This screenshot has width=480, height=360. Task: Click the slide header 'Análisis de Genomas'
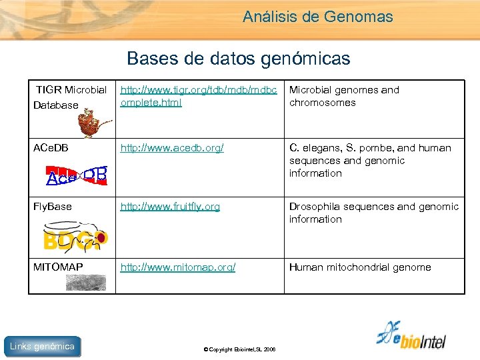[x=317, y=17]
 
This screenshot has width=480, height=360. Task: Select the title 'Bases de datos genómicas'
[x=238, y=59]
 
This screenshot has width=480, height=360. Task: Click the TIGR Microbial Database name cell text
[x=71, y=97]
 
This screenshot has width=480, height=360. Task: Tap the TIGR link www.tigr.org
[x=198, y=96]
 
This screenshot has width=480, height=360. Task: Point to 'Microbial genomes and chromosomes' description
[x=343, y=96]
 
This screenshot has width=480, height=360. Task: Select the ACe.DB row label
[x=51, y=148]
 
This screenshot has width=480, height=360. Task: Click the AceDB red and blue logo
[x=77, y=174]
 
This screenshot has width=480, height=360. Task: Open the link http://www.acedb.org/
[x=172, y=148]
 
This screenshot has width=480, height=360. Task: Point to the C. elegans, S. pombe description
[x=369, y=160]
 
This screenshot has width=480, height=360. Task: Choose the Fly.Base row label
[x=53, y=207]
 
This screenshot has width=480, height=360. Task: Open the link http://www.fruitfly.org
[x=170, y=207]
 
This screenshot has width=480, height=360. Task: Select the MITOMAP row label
[x=58, y=267]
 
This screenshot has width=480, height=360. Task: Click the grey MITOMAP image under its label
[x=85, y=283]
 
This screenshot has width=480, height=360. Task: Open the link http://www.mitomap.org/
[x=177, y=267]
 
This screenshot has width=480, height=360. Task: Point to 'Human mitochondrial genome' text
[x=360, y=267]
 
